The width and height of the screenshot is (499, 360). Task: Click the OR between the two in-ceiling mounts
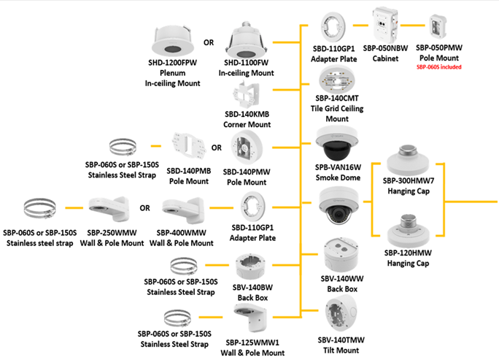click(x=209, y=42)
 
